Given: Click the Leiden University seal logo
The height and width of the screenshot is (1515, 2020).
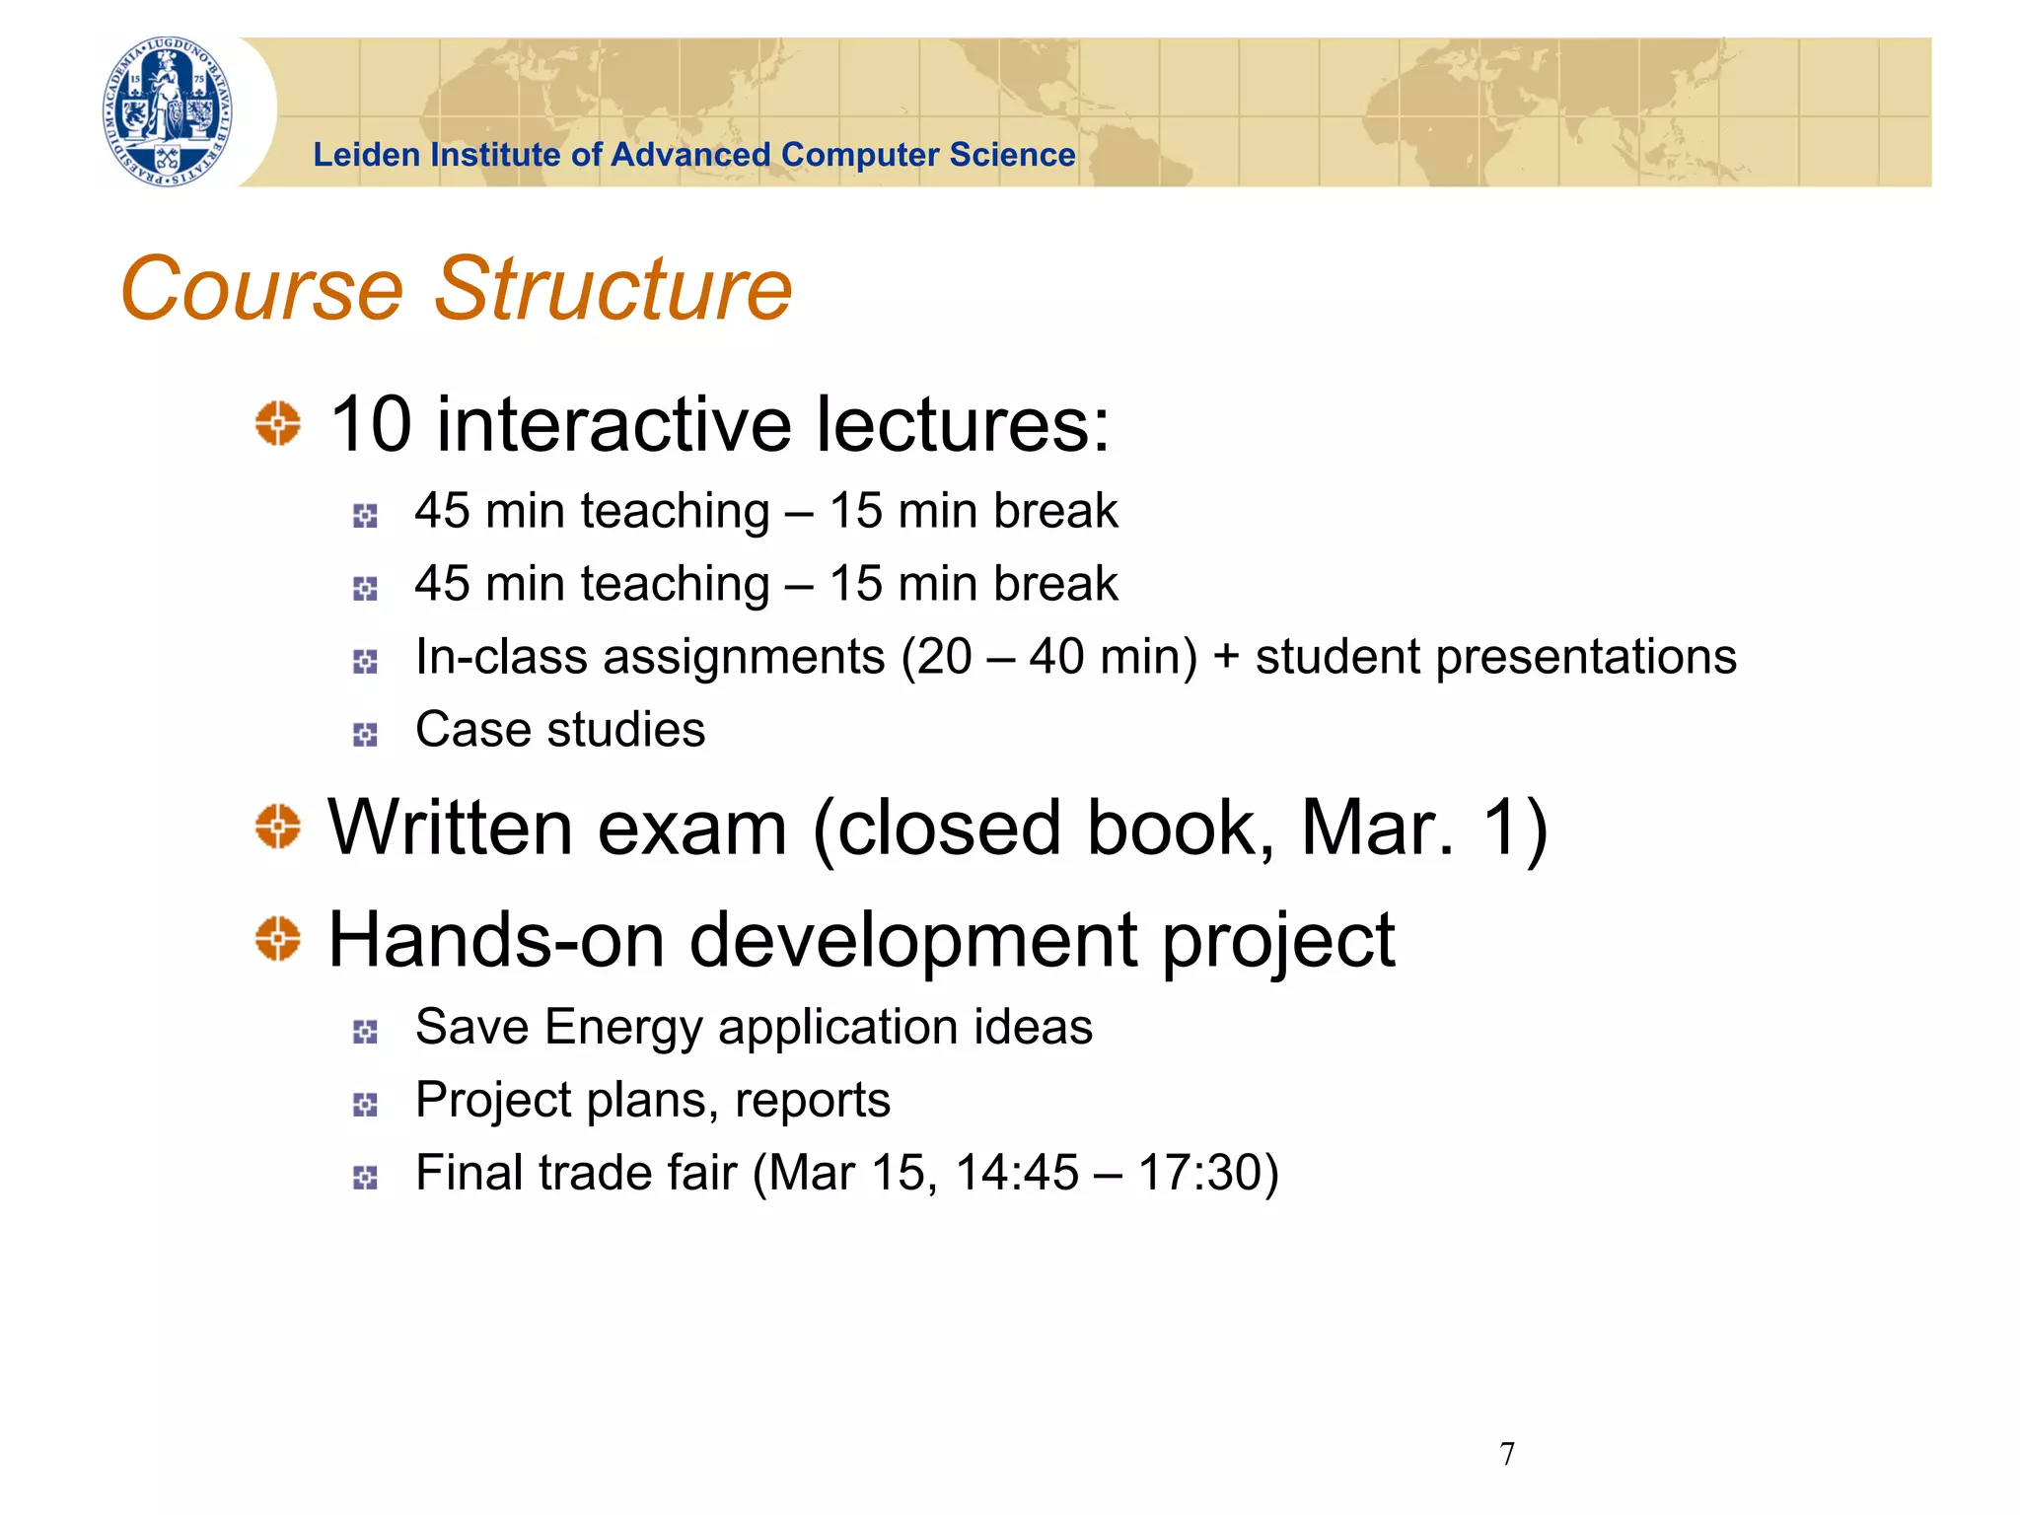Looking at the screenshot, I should (x=169, y=111).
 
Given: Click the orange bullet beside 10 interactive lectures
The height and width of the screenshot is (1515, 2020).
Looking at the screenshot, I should (x=278, y=423).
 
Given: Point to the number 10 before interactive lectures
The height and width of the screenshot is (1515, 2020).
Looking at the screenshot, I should (x=370, y=424).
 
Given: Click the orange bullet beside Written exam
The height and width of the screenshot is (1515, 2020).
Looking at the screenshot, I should (x=278, y=827).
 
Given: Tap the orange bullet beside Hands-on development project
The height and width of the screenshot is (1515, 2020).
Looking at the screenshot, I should (x=278, y=938).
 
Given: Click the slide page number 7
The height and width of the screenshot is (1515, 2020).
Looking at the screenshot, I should (x=1507, y=1454).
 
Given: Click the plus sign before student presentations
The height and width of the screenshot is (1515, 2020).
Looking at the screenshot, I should (x=1226, y=657).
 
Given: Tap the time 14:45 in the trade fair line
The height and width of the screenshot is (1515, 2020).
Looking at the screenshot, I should (x=1017, y=1173).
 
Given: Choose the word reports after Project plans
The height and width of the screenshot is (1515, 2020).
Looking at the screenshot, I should (x=813, y=1101).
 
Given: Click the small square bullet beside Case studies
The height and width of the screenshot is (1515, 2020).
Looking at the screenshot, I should (x=365, y=735).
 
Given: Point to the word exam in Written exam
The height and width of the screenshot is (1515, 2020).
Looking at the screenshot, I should (x=692, y=828).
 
